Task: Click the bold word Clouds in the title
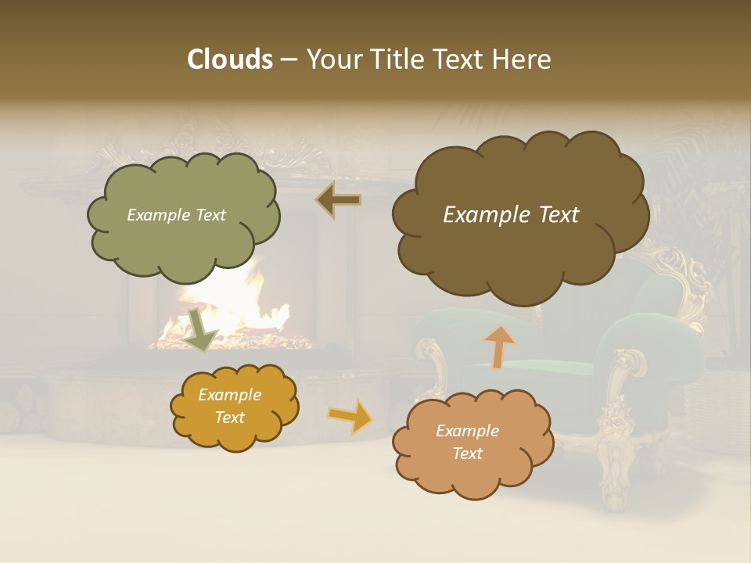coord(229,59)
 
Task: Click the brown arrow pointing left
coord(339,200)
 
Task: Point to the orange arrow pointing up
coord(500,346)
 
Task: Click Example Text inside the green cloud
coord(176,215)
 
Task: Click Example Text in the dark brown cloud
coord(511,215)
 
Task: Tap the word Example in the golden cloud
coord(229,395)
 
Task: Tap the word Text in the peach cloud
coord(467,454)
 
